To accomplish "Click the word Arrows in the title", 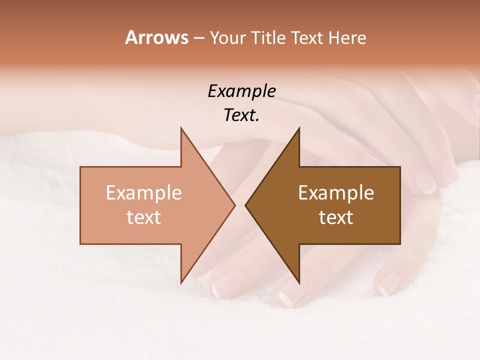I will coord(156,37).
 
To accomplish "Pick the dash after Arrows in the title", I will coord(199,38).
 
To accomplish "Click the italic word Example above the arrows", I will coord(242,91).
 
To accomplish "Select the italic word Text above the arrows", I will coord(240,115).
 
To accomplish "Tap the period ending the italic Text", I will coord(258,120).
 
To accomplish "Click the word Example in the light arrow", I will coord(144,192).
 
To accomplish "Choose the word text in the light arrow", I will coord(144,217).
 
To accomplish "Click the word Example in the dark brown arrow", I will coord(336,192).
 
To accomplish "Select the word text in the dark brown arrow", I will coord(336,217).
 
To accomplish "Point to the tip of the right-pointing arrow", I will coord(235,205).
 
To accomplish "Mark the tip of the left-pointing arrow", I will coord(245,205).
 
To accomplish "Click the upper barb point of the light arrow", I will coord(181,128).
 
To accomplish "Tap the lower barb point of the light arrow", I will coord(181,283).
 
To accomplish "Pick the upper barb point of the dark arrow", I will coord(299,128).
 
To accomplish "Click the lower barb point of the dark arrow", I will coord(299,283).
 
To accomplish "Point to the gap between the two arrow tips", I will coord(240,205).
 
